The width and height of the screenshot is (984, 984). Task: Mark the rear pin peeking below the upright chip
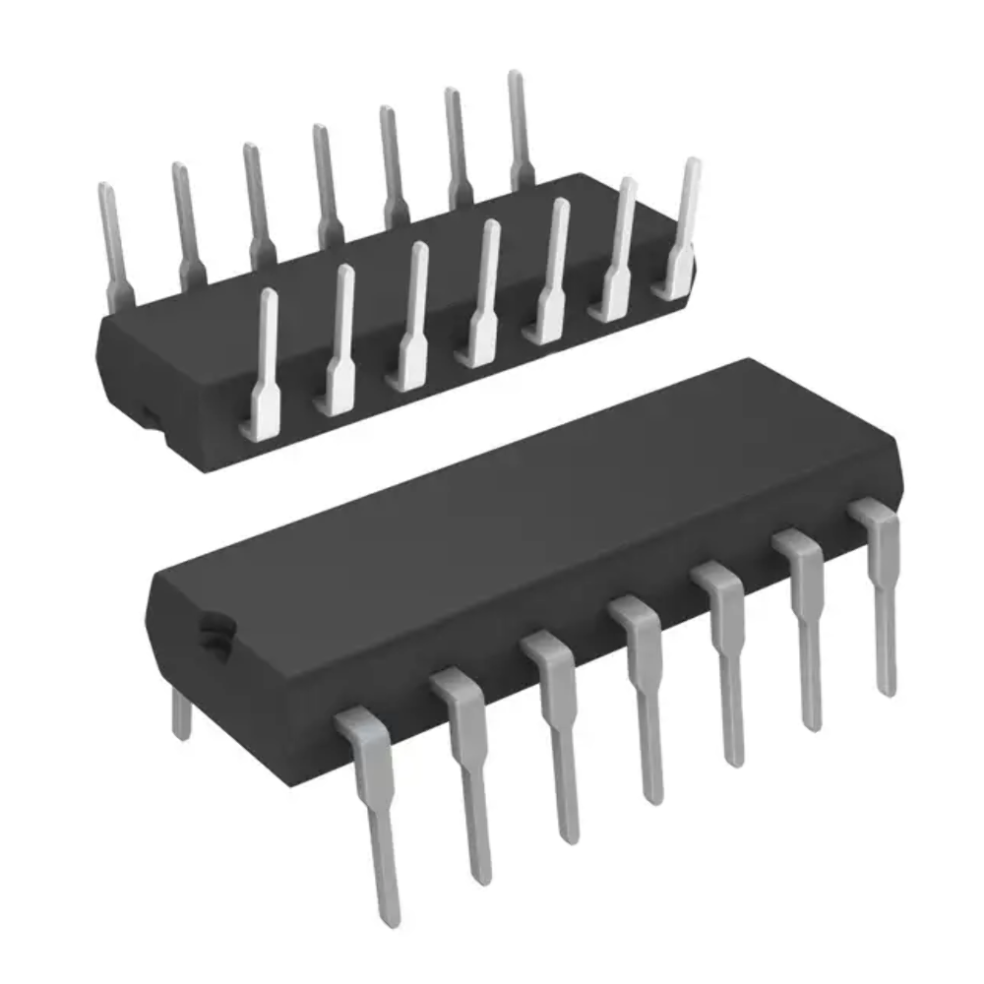tap(180, 713)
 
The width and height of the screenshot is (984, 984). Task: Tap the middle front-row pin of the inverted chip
tap(482, 295)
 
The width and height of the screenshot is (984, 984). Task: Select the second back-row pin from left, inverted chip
tap(186, 221)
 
